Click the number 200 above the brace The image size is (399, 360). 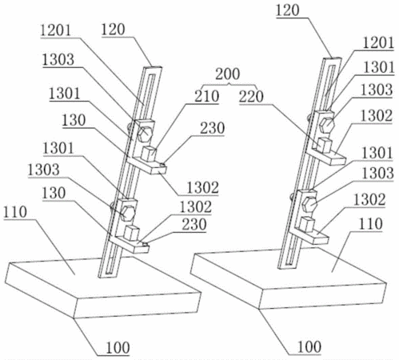tap(228, 74)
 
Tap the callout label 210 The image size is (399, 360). tap(206, 96)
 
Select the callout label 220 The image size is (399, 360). tap(251, 97)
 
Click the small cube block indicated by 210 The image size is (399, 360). tap(149, 154)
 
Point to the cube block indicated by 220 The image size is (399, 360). tap(324, 145)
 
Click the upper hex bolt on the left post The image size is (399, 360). tap(145, 133)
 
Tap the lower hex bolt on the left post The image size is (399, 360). tap(128, 213)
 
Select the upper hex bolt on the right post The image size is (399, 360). tap(326, 124)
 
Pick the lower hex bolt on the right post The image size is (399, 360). tap(310, 204)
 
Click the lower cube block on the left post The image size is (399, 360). tap(132, 232)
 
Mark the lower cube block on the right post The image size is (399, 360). tap(307, 223)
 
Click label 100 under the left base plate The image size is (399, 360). tap(118, 347)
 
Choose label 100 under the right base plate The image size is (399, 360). tap(309, 347)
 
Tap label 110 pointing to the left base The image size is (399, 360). tap(15, 212)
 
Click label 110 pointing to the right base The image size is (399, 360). tap(371, 224)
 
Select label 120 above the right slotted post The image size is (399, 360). tap(288, 10)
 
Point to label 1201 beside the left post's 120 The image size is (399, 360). tap(56, 30)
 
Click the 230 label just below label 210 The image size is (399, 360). tap(213, 129)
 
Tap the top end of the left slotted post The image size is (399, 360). tap(152, 68)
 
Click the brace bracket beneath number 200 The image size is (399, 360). tap(229, 85)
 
